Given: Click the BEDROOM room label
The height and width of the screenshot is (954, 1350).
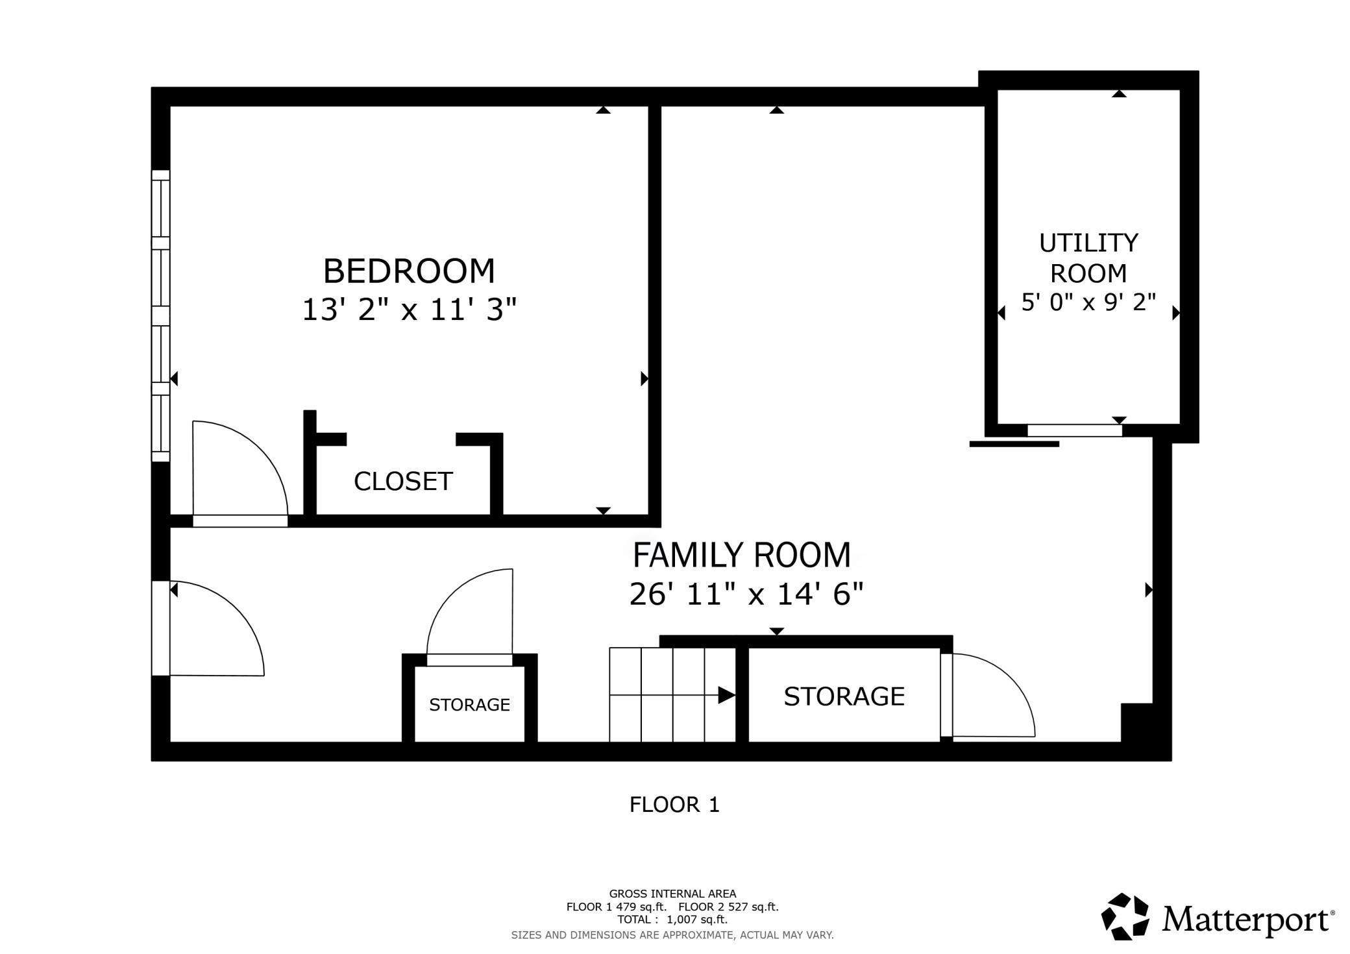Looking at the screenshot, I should point(409,271).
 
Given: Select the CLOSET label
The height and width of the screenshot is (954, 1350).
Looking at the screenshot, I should point(403,482).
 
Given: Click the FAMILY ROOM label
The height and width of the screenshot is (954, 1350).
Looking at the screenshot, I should point(741,556).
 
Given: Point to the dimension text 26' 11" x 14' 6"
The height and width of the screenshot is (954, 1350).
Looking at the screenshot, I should point(746,594).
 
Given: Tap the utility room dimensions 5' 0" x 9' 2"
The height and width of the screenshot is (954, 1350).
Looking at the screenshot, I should point(1088,302).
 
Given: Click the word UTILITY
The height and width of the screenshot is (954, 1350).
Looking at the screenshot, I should point(1088,243).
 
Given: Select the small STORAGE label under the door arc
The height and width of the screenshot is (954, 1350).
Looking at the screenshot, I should point(469,705).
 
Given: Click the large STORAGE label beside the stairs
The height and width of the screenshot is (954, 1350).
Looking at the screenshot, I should point(844,696).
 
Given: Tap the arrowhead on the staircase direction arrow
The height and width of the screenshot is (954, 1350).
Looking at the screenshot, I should point(727,696).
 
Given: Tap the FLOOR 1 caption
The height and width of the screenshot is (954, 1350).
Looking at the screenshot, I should point(674,805).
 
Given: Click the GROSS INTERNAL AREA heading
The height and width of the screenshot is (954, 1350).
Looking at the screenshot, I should point(672,894).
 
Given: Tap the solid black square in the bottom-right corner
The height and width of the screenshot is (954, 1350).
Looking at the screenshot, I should point(1136,722).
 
